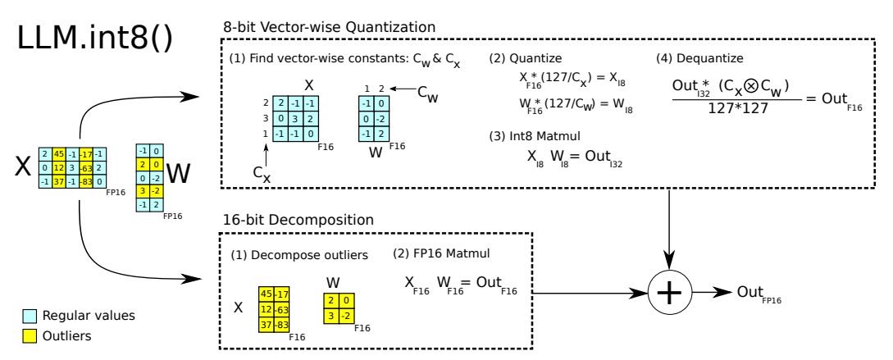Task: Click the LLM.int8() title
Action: tap(94, 39)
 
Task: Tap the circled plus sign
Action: tap(669, 292)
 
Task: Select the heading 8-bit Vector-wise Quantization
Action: tap(330, 27)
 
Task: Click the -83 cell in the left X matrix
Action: tap(85, 182)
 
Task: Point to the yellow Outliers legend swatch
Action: tap(29, 336)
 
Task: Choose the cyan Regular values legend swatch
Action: tap(29, 316)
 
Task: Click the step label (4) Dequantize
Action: tap(699, 58)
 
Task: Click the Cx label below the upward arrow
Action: tap(262, 175)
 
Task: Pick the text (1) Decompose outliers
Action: tap(299, 256)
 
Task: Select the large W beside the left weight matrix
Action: tap(178, 175)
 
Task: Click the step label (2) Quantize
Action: tap(525, 58)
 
